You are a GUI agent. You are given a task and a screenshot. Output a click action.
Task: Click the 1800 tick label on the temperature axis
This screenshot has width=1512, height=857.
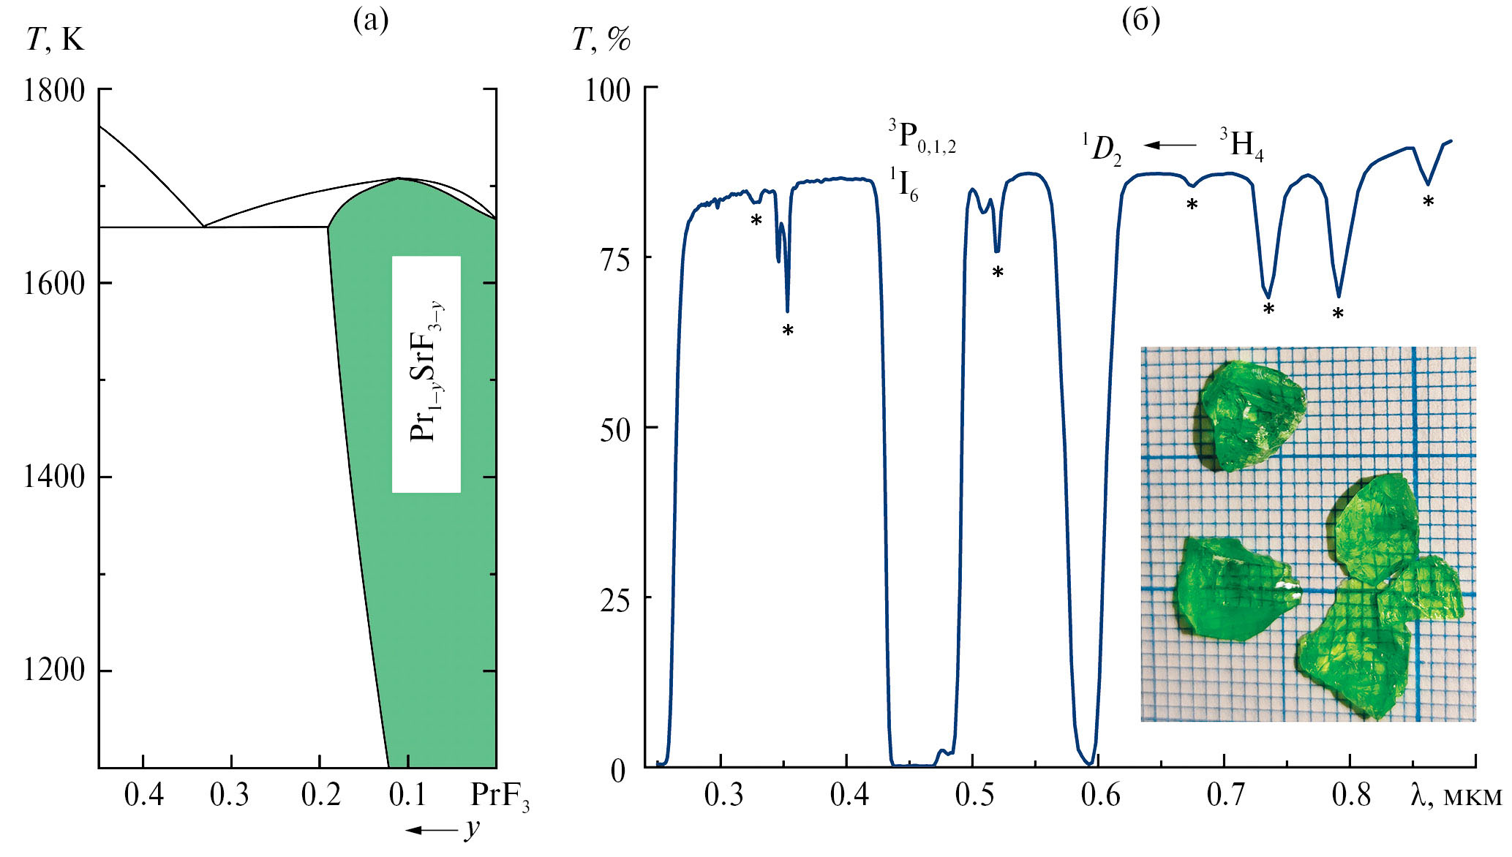tap(54, 91)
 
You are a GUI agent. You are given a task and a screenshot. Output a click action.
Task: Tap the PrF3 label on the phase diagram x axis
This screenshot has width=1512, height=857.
tap(500, 796)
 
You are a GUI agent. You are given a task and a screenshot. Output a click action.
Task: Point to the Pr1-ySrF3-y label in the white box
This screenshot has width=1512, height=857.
tap(426, 374)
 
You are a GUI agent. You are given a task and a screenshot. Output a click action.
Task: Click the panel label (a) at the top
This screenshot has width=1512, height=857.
tap(371, 20)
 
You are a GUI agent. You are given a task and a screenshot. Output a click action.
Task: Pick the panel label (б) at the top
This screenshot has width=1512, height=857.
tap(1140, 20)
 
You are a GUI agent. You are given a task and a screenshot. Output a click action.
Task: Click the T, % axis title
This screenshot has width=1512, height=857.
tap(601, 39)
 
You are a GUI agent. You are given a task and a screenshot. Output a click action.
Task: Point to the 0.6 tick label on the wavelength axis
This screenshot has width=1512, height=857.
tap(1100, 795)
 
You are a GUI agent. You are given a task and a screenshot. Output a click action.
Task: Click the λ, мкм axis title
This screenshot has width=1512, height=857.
tap(1455, 795)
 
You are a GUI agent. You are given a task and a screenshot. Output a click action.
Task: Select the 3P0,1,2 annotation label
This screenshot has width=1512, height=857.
tap(922, 137)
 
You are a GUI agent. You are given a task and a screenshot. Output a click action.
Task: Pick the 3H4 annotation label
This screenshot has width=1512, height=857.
tap(1241, 144)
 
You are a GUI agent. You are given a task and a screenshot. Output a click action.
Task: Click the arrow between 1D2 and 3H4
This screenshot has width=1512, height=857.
tap(1170, 145)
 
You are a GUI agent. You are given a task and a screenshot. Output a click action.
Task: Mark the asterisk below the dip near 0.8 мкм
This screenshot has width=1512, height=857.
tap(1338, 314)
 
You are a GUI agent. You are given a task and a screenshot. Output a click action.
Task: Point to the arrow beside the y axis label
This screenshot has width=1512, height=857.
tap(432, 829)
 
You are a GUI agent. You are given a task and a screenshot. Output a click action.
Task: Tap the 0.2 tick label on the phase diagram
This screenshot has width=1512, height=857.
tap(321, 795)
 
